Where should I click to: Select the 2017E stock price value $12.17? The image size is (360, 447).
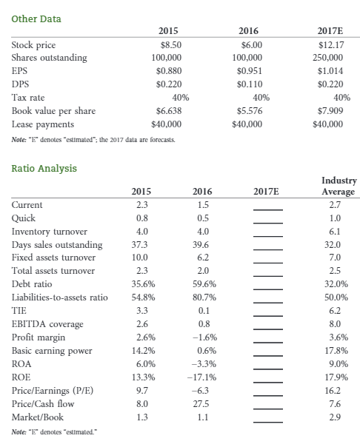339,44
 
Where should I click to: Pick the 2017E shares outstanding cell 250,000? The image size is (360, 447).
338,58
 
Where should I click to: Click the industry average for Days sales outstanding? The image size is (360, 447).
333,244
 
